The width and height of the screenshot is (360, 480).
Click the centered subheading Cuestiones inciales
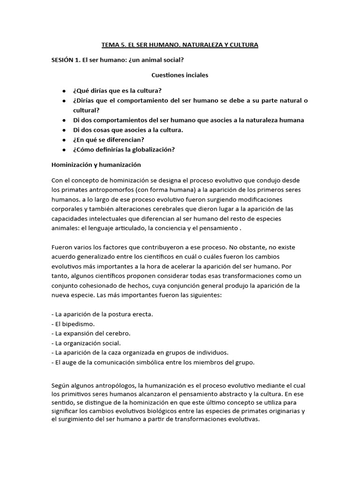point(180,75)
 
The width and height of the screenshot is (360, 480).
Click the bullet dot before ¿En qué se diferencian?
point(63,140)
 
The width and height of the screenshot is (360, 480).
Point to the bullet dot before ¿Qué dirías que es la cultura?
point(63,90)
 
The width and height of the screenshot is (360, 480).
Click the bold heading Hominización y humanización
point(96,165)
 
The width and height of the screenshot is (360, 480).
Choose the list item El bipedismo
point(75,323)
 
